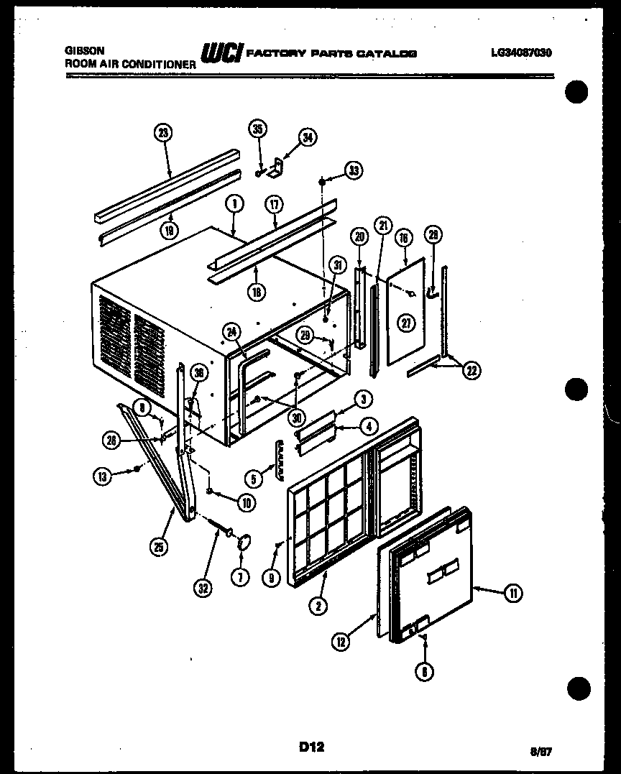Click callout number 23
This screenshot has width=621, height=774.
click(164, 132)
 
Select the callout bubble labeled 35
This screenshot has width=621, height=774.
click(257, 129)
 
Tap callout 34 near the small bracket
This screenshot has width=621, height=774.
click(308, 138)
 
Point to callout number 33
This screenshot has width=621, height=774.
click(353, 170)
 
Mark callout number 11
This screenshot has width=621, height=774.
click(513, 593)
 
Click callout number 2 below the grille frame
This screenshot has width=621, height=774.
click(318, 606)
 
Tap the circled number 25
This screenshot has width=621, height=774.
click(159, 547)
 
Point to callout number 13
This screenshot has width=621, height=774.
click(103, 474)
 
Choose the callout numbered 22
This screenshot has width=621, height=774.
click(471, 370)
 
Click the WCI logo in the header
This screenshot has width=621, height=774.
click(221, 52)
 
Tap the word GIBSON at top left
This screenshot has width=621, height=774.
click(85, 51)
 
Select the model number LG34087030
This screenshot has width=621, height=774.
click(522, 52)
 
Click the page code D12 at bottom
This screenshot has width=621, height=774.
click(312, 747)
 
